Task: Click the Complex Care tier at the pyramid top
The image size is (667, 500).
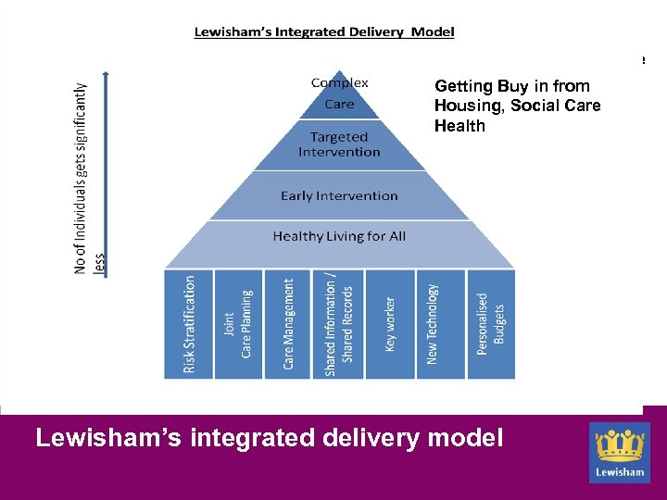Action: [339, 94]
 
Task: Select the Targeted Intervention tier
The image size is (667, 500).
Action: [339, 145]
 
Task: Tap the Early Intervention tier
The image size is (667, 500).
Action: [339, 196]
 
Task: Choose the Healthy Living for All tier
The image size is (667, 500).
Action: [339, 237]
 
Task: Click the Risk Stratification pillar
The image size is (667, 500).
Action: [189, 323]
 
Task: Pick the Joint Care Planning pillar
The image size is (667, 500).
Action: [238, 323]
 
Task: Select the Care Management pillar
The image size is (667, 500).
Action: [288, 323]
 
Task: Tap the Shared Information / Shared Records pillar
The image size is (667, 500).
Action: [339, 323]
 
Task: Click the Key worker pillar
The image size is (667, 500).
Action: [390, 323]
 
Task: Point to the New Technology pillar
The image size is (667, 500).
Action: [440, 323]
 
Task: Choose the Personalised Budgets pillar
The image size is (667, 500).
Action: [490, 323]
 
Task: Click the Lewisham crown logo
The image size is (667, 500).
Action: [620, 452]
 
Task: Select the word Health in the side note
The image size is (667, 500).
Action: [459, 126]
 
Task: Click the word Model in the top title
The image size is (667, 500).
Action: [430, 31]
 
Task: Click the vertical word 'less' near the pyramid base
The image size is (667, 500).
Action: [100, 266]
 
